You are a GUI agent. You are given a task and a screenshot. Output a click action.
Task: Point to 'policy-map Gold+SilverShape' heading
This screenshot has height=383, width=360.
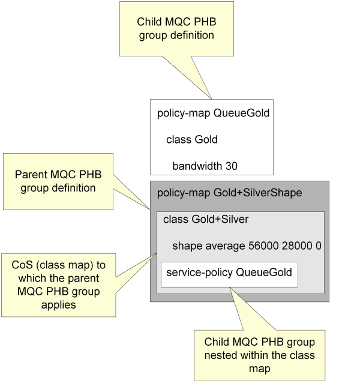coord(229,193)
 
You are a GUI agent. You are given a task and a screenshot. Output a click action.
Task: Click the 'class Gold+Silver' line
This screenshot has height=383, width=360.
coord(206,220)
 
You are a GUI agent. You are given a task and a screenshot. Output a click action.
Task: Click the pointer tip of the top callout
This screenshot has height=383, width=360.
coord(212,98)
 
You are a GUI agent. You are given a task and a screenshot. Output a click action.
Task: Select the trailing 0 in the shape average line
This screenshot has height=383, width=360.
coord(318,246)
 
